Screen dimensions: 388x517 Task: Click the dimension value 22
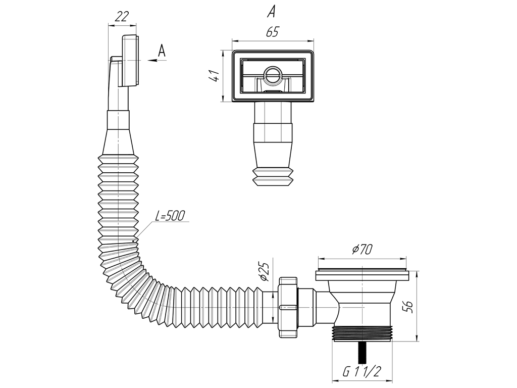click(121, 16)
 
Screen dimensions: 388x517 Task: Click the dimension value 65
click(272, 32)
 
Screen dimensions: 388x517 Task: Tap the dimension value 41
click(214, 76)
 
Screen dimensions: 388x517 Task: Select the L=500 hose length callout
click(170, 216)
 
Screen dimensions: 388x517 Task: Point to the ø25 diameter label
click(263, 273)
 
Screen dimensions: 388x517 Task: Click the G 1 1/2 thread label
click(361, 372)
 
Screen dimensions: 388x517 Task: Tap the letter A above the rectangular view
click(272, 11)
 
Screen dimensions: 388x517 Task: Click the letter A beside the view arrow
click(162, 51)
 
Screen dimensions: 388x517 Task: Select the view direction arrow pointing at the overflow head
click(156, 60)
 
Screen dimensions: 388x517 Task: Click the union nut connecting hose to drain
click(288, 307)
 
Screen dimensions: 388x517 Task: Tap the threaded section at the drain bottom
click(363, 334)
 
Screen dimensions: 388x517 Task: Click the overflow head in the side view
click(129, 61)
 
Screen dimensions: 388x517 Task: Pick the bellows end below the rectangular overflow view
click(273, 176)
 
